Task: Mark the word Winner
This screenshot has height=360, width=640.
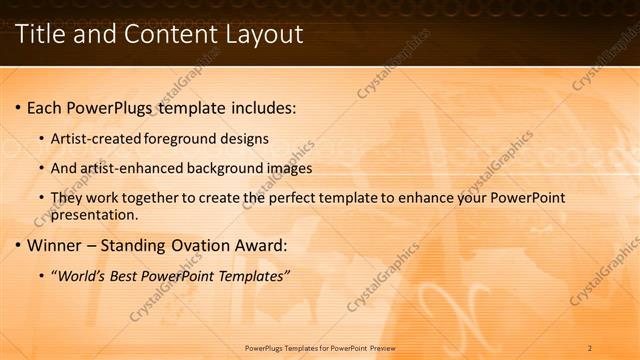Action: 54,245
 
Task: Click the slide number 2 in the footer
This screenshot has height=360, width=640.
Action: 590,348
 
